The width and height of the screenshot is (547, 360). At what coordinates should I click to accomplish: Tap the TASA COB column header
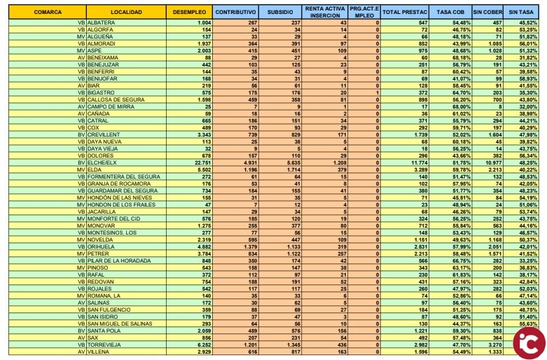450,13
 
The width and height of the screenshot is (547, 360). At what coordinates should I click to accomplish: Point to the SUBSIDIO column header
279,13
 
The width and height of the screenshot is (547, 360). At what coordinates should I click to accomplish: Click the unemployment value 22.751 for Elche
201,162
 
